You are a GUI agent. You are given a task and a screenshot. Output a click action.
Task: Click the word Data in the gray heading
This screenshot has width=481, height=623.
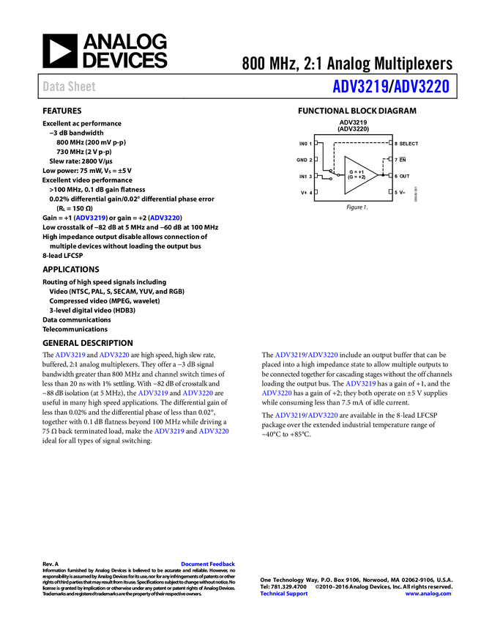(x=51, y=86)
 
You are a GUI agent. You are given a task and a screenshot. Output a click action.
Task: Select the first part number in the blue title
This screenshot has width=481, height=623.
(x=359, y=87)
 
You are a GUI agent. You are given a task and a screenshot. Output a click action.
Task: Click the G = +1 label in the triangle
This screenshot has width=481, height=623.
(x=357, y=172)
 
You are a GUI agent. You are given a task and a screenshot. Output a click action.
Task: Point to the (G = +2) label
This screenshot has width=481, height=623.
(x=357, y=177)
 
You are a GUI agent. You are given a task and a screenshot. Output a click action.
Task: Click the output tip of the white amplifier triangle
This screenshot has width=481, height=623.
(x=376, y=175)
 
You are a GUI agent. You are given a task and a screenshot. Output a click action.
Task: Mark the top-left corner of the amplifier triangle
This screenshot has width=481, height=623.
(x=346, y=158)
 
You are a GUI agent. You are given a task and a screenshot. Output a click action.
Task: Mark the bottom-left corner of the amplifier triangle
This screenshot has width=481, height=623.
(x=346, y=193)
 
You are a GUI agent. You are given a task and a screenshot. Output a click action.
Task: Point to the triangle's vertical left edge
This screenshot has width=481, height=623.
(x=346, y=175)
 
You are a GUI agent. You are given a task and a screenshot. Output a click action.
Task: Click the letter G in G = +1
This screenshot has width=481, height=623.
(x=351, y=172)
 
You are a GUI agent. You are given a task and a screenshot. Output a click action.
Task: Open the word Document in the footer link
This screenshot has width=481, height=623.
(x=194, y=564)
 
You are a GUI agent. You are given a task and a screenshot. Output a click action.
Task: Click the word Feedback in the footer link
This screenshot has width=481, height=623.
(x=223, y=564)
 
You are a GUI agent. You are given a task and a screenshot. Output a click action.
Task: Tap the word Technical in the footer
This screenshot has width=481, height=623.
(x=273, y=594)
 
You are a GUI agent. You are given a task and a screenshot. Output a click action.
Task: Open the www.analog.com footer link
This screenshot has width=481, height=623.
(x=428, y=594)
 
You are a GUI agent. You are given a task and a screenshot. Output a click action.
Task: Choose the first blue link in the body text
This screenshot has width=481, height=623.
(x=91, y=218)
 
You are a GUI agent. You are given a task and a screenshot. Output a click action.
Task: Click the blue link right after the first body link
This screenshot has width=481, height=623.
(x=165, y=218)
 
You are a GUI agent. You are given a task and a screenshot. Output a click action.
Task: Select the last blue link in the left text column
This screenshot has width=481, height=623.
(x=215, y=431)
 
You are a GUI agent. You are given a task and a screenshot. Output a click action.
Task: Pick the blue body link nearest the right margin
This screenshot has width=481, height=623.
(x=361, y=383)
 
